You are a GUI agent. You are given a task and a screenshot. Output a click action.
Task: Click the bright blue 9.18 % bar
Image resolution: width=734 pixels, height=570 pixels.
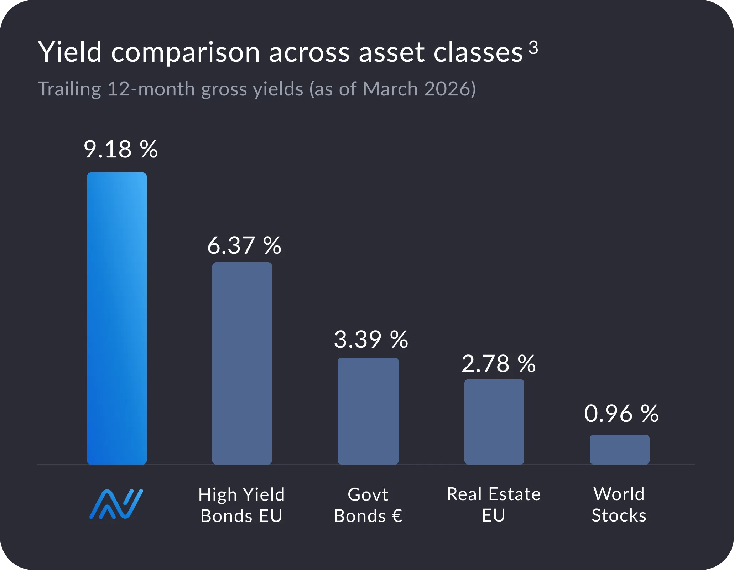click(117, 318)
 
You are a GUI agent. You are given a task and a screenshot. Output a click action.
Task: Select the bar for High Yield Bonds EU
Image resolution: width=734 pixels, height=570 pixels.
click(242, 363)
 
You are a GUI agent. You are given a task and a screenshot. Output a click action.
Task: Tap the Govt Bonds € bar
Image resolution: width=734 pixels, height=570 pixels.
click(368, 411)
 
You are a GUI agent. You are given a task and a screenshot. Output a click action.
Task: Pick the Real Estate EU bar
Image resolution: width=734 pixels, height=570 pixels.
click(494, 421)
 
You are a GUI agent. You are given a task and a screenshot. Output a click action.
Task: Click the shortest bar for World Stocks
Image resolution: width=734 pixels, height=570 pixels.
click(619, 449)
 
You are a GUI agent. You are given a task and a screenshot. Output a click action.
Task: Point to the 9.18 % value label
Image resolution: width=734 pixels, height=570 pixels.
click(120, 149)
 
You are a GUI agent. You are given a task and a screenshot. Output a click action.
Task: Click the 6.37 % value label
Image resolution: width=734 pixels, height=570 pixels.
click(244, 246)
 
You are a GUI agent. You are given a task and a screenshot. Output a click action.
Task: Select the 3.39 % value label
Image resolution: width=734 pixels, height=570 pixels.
click(371, 340)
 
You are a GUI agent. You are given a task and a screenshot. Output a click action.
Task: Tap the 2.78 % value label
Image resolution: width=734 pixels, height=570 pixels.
click(498, 364)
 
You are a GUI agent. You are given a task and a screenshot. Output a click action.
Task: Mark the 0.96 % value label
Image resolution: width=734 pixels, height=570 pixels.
click(621, 414)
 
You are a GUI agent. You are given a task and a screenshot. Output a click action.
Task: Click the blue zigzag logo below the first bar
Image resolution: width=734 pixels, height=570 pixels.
click(116, 504)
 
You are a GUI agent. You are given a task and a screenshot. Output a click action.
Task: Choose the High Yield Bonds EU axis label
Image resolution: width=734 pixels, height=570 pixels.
click(241, 505)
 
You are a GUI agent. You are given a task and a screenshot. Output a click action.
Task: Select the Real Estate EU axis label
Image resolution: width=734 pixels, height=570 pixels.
click(494, 504)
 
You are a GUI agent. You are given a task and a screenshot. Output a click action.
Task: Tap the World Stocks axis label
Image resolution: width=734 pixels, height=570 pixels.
click(619, 504)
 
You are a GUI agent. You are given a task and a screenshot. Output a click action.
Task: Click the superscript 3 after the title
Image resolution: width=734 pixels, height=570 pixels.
click(533, 47)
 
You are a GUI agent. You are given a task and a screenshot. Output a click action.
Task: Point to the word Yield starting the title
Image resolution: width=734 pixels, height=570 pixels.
click(70, 52)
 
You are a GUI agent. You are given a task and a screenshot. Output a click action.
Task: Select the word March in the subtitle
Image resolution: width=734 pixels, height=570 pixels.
click(390, 89)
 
